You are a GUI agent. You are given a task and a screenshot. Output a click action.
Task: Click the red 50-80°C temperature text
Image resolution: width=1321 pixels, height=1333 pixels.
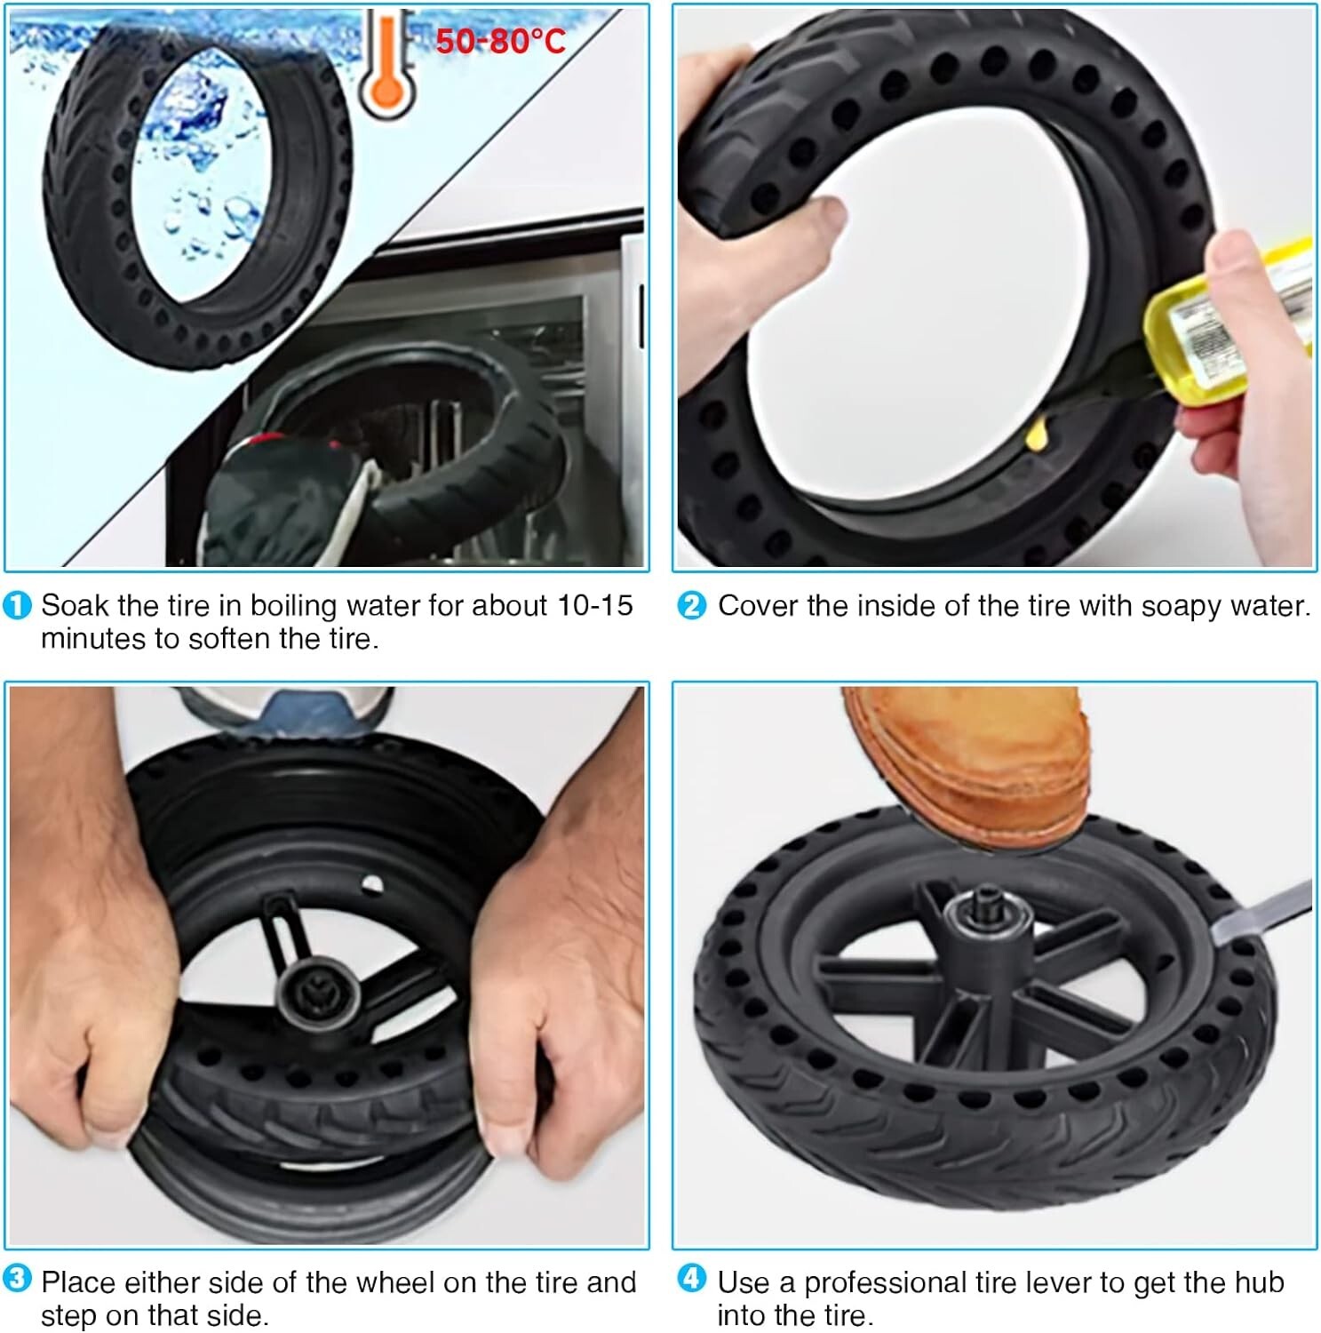click(500, 41)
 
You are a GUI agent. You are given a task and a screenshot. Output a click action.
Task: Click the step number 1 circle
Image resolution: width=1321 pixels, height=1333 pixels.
click(17, 606)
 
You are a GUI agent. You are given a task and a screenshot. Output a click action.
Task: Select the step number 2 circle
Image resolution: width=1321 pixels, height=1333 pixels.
click(691, 606)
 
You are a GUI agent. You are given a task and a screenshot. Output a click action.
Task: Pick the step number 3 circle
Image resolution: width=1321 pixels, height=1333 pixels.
click(17, 1280)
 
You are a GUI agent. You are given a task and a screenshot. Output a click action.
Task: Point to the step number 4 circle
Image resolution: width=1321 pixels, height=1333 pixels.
click(691, 1280)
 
